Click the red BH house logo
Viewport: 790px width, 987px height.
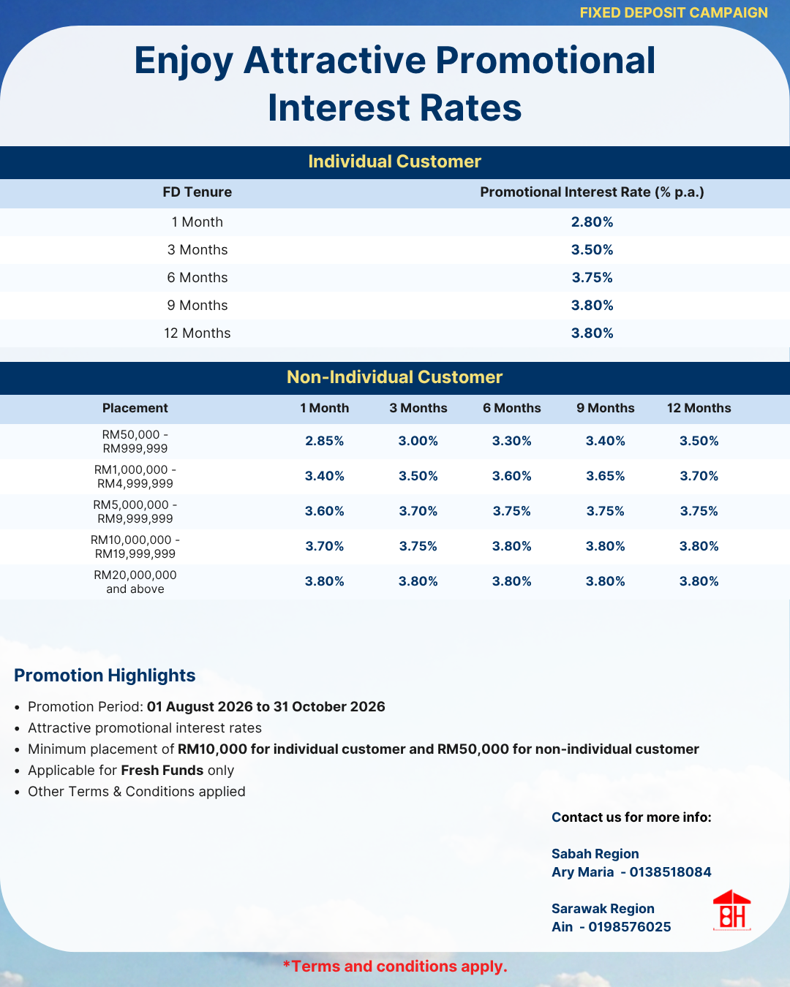tap(731, 910)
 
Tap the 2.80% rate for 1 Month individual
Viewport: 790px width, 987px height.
tap(592, 222)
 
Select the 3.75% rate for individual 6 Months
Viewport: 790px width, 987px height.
tap(592, 278)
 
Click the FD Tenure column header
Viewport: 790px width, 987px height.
tap(197, 192)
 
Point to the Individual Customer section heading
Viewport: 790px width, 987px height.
tap(395, 162)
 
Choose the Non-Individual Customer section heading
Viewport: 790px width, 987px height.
tap(395, 377)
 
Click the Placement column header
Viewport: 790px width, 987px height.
tap(135, 408)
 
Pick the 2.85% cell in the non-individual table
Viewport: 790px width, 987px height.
tap(325, 441)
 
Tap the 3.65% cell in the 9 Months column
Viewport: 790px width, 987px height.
tap(606, 476)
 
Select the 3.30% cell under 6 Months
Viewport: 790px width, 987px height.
tap(512, 441)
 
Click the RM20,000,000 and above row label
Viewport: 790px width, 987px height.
tap(135, 581)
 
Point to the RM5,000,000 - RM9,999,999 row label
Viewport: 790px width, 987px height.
tap(135, 511)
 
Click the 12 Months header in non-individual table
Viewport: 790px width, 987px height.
tap(699, 408)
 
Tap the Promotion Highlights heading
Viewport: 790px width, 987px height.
tap(105, 675)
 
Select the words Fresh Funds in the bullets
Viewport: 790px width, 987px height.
tap(162, 770)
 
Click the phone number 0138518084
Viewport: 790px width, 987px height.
tap(670, 872)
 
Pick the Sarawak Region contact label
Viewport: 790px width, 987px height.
tap(603, 909)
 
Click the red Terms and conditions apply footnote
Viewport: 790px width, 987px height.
tap(395, 966)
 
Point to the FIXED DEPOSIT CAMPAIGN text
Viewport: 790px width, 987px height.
tap(674, 12)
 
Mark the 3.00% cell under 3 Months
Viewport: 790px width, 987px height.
tap(418, 441)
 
